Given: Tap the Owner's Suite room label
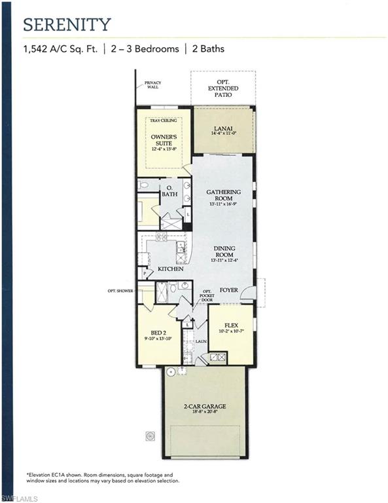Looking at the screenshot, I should click(164, 140).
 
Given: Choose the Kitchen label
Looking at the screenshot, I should click(169, 269).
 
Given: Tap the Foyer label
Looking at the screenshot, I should click(228, 288).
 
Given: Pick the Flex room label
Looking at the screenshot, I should click(230, 326).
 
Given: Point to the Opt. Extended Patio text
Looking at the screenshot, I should click(223, 88).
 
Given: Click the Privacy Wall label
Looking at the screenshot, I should click(152, 84).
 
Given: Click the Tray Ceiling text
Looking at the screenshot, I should click(164, 121).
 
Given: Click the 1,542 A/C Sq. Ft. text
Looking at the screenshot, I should click(62, 48).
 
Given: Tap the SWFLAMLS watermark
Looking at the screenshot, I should click(20, 497).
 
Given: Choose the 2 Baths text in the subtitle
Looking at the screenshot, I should click(208, 48).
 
